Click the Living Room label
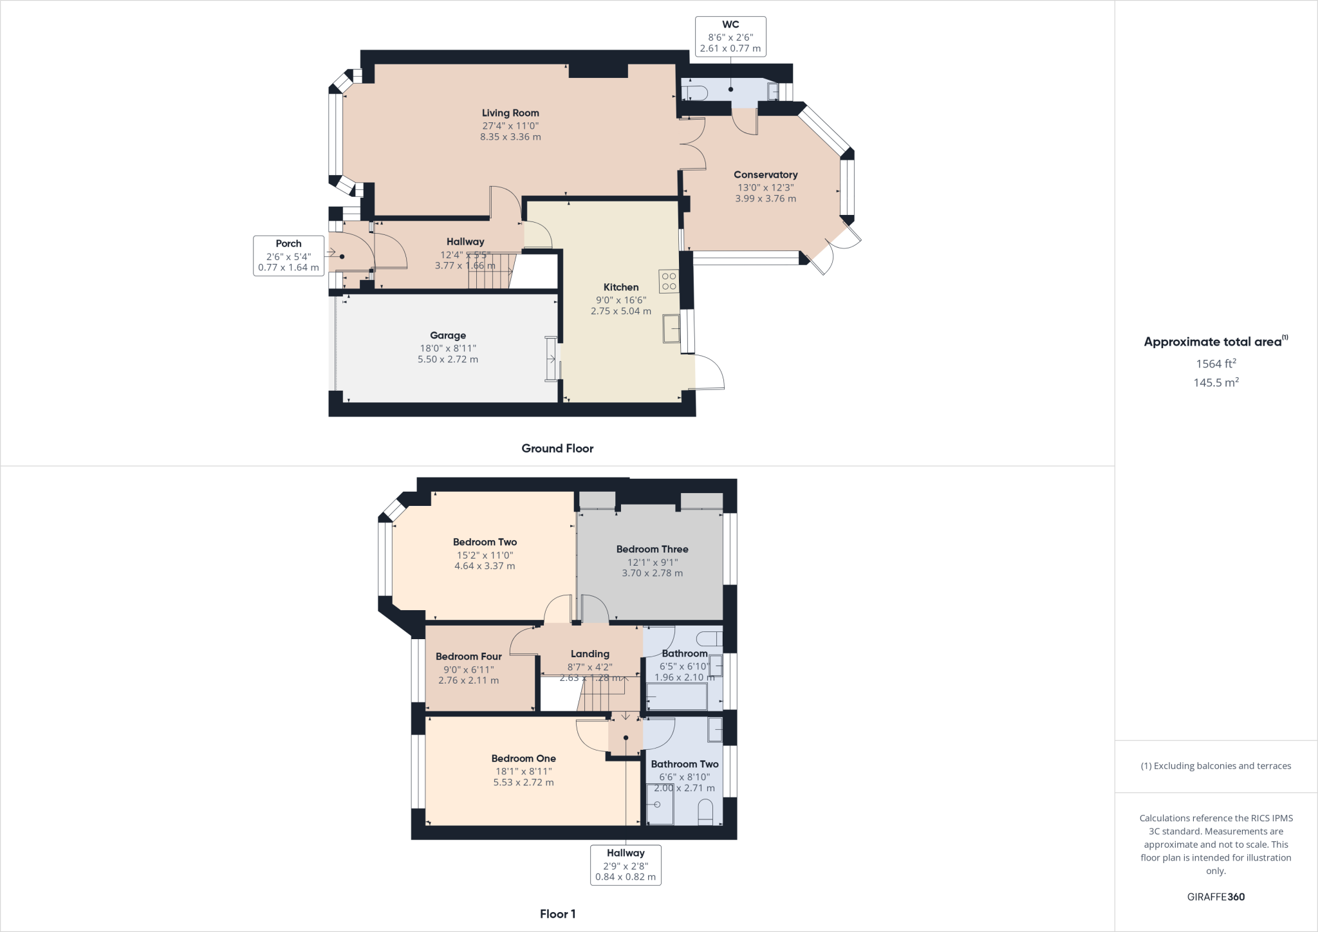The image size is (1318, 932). tap(510, 113)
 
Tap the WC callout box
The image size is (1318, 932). tap(730, 36)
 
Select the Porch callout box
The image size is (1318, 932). tap(288, 256)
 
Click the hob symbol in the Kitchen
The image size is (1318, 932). tap(669, 281)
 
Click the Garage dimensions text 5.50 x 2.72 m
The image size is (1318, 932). tap(448, 359)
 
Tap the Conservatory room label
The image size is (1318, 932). tap(765, 174)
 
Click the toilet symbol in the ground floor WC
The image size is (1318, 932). tap(695, 93)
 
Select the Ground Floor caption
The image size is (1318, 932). tap(557, 449)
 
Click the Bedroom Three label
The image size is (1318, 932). tap(652, 549)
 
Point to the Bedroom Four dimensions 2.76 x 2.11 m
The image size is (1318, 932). tap(469, 680)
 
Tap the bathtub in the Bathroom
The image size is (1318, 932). tap(676, 697)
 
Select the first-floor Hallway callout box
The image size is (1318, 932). tap(626, 864)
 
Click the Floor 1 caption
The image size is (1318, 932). tap(557, 914)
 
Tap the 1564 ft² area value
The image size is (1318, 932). tap(1216, 364)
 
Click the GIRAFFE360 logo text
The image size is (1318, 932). tap(1216, 897)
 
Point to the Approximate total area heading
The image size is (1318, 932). tap(1213, 342)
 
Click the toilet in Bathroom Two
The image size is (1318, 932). tap(705, 812)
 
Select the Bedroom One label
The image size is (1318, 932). tap(523, 758)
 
